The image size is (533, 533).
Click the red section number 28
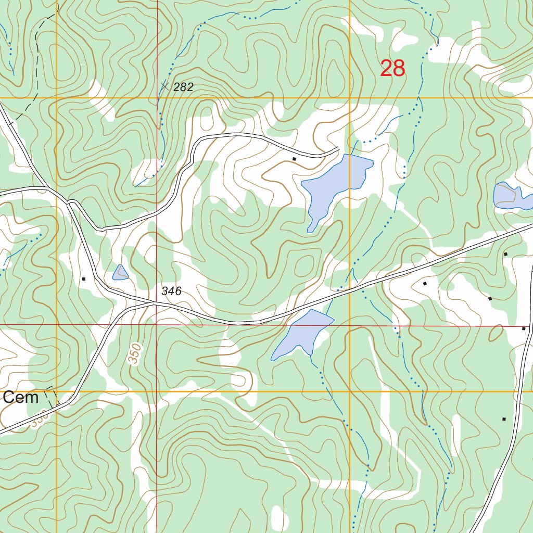392,69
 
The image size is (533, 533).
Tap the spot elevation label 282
183,87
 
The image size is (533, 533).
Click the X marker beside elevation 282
165,86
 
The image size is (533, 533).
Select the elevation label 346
171,291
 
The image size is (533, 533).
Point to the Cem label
20,398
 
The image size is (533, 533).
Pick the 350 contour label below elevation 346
135,354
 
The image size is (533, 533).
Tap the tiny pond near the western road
120,273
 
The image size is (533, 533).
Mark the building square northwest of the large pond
294,159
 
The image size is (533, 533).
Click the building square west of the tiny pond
83,279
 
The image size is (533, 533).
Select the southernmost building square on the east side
504,419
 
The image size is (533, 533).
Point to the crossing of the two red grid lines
157,324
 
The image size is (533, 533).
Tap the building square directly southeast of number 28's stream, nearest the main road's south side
425,284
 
